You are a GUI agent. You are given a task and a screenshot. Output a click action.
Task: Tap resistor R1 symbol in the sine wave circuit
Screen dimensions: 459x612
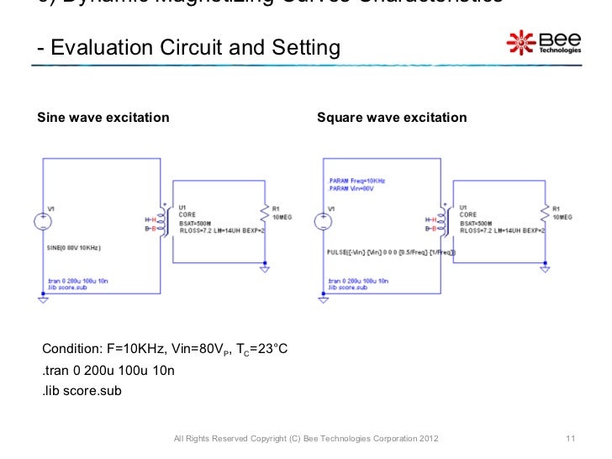(266, 220)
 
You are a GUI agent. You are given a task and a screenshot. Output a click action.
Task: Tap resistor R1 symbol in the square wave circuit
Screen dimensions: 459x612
(547, 220)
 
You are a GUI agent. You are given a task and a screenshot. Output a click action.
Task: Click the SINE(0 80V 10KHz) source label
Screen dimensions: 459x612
(74, 249)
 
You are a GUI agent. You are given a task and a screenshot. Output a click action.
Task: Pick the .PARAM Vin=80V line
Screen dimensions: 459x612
(350, 188)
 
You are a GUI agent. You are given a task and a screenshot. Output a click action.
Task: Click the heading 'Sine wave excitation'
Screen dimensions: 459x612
(103, 117)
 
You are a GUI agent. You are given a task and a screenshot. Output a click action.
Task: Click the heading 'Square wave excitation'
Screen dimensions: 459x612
(392, 117)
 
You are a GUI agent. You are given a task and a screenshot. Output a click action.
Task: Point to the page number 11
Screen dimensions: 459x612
(570, 439)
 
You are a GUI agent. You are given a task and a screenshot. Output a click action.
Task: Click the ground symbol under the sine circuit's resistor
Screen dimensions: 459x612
(266, 269)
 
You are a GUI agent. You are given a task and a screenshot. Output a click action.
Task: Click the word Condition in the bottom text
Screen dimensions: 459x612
(71, 349)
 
